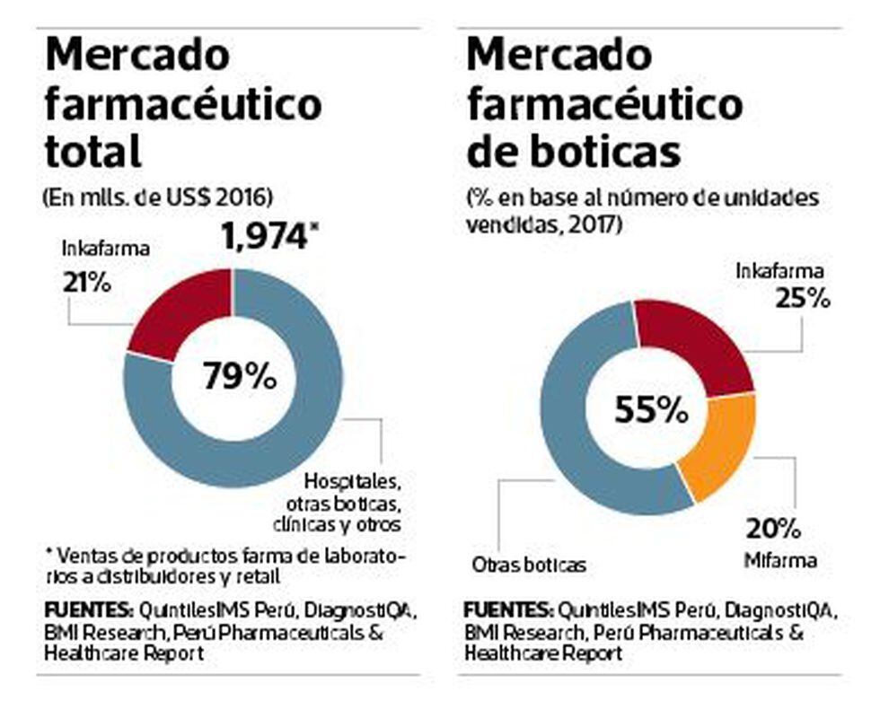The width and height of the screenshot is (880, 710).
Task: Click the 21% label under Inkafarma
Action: coord(86,282)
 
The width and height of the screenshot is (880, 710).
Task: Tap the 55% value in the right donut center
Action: coord(651,410)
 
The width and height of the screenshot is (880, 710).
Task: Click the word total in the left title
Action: coord(93,153)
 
